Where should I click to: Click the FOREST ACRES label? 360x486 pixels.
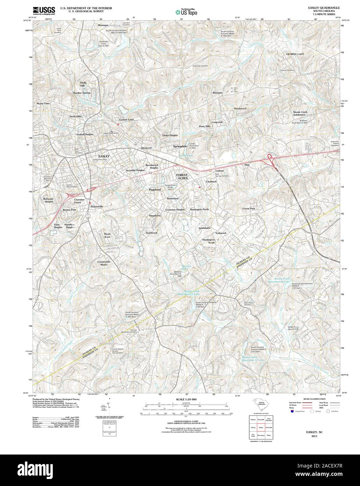(x=182, y=176)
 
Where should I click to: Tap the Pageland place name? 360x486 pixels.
(x=155, y=189)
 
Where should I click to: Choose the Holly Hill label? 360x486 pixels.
(x=83, y=84)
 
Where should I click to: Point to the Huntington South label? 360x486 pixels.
(x=209, y=241)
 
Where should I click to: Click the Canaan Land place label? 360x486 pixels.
(x=126, y=120)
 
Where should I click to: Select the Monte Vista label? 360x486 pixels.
(x=43, y=104)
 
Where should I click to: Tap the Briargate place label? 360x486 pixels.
(x=217, y=93)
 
